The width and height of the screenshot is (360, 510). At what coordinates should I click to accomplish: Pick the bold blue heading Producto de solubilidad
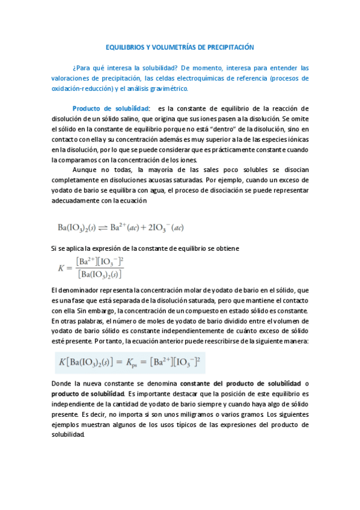(111, 108)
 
